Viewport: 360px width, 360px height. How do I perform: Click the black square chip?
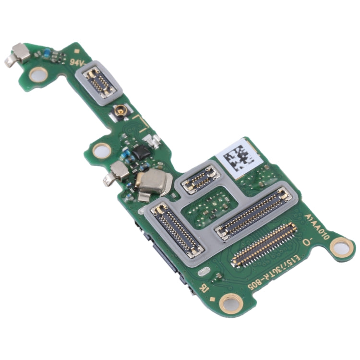point(141,153)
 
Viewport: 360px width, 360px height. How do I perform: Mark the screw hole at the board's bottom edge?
point(230,303)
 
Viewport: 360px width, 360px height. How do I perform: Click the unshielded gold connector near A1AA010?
point(264,245)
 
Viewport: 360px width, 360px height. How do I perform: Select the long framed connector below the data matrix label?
point(254,213)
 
